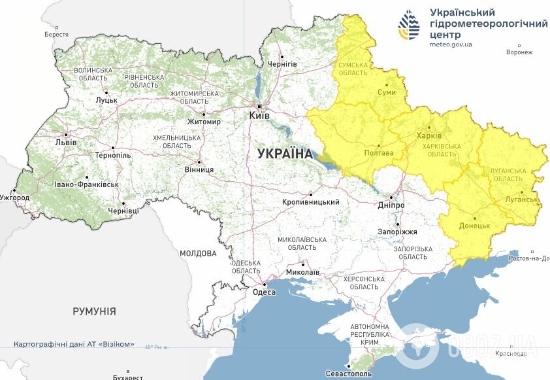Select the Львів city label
(x=65, y=142)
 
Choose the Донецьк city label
(x=474, y=226)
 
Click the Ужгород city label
(x=14, y=197)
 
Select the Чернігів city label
(x=282, y=63)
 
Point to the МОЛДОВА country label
(x=198, y=253)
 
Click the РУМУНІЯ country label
(x=94, y=311)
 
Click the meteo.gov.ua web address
(x=451, y=44)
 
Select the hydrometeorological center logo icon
(x=410, y=26)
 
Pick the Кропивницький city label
(x=310, y=202)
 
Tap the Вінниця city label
(x=200, y=169)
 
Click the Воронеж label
(x=519, y=52)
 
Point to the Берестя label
(x=56, y=34)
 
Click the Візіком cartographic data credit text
(x=74, y=344)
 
